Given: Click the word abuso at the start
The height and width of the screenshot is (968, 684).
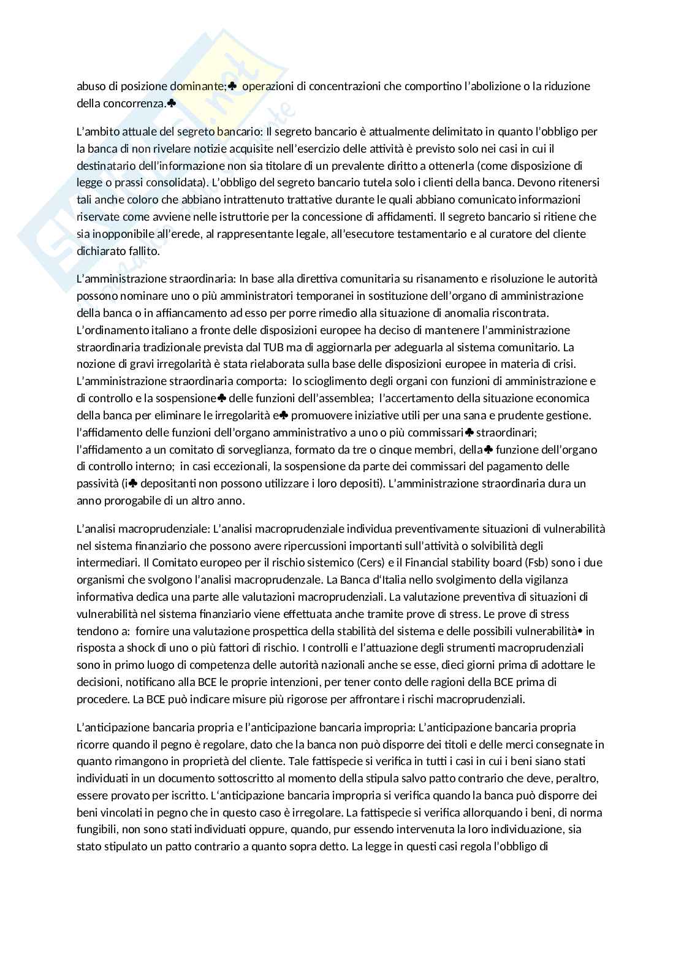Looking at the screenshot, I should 90,86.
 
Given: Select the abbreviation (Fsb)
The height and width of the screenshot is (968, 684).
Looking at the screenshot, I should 541,562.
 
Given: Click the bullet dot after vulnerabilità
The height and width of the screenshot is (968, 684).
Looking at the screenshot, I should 580,630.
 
